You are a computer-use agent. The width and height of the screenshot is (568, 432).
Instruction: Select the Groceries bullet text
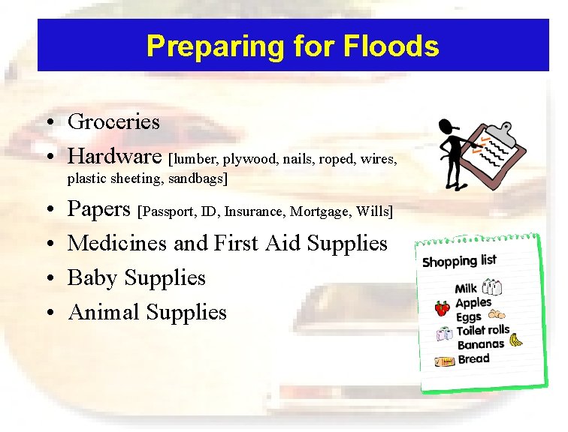[113, 121]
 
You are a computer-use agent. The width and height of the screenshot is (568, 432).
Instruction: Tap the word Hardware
[115, 156]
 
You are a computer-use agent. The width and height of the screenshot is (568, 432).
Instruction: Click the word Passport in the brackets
[171, 212]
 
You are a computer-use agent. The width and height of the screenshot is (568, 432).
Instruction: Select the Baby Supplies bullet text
[136, 277]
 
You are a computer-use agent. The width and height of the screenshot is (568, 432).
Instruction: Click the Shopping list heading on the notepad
[458, 261]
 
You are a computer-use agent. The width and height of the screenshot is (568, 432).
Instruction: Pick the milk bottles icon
[492, 286]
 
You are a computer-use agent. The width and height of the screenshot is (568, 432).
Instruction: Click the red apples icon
[443, 307]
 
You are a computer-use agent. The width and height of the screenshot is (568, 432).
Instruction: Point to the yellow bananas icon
[515, 340]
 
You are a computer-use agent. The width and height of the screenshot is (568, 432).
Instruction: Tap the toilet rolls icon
[444, 334]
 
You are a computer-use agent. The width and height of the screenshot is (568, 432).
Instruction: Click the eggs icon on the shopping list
[497, 316]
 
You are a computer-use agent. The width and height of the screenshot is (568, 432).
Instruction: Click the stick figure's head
[447, 128]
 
